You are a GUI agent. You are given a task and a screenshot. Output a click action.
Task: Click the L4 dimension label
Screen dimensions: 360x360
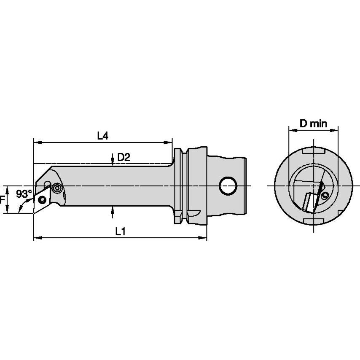point(102,136)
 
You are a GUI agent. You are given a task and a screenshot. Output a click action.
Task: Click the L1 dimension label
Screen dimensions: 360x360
point(120,231)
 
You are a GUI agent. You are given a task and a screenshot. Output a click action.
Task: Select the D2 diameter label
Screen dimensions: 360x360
point(124,157)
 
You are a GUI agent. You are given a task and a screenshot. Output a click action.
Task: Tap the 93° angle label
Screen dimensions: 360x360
point(24,194)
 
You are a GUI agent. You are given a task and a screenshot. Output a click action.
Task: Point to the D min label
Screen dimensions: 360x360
point(313,124)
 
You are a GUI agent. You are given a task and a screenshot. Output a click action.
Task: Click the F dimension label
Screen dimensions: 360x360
point(2,200)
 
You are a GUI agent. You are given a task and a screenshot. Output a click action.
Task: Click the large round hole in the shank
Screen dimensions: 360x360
point(228,186)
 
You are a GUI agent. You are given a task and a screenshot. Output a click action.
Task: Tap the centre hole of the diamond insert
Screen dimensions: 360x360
point(42,199)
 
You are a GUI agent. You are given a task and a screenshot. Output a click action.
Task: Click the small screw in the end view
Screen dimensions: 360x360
point(324,196)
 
